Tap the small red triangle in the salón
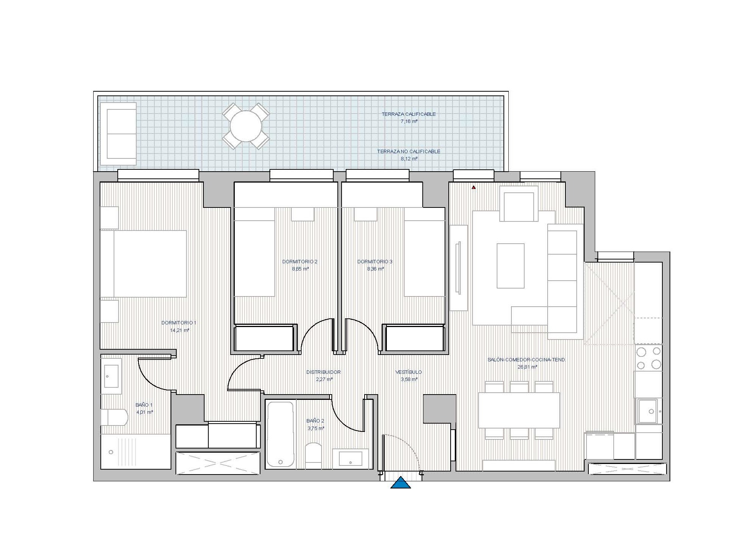(473, 187)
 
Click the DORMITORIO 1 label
(179, 323)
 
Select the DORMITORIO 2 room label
(300, 262)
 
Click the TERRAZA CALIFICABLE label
(408, 114)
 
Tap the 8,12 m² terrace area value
(409, 159)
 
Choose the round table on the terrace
(246, 126)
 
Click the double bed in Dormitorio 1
(144, 264)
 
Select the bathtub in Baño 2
(280, 434)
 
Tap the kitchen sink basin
(648, 411)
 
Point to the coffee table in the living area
(511, 266)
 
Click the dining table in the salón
(519, 410)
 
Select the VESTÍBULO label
(408, 372)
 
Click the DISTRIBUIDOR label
(323, 372)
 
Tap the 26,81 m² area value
(527, 367)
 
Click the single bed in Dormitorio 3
(425, 253)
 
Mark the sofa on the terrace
(118, 134)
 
